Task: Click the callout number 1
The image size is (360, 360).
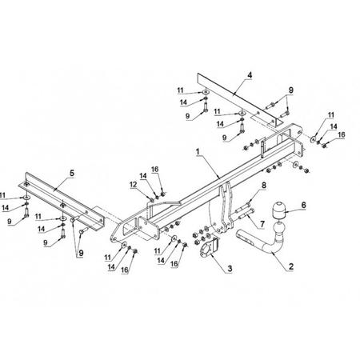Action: (198, 152)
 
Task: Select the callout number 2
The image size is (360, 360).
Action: (291, 266)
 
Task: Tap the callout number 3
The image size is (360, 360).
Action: (230, 269)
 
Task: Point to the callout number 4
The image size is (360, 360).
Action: (250, 75)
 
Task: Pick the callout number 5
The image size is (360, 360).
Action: (72, 173)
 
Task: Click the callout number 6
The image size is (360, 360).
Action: (303, 205)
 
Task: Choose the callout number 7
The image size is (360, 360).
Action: (262, 224)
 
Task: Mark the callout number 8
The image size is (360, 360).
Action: (264, 185)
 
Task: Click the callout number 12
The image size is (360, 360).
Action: (133, 185)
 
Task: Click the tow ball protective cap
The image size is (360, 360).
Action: (278, 210)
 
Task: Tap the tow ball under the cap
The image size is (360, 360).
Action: (279, 229)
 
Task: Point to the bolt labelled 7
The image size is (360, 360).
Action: (246, 214)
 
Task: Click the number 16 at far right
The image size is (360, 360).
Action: (342, 134)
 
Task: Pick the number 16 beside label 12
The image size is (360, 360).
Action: (154, 170)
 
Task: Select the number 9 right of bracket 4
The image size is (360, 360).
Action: (290, 90)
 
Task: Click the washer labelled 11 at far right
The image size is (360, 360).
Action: (313, 138)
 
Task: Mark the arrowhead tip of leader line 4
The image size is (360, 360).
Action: (233, 95)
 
